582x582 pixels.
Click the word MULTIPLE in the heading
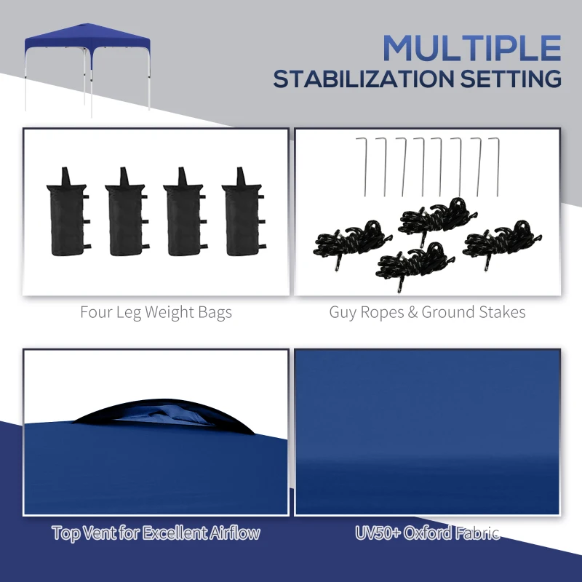tap(472, 47)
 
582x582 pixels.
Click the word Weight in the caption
tap(163, 314)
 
